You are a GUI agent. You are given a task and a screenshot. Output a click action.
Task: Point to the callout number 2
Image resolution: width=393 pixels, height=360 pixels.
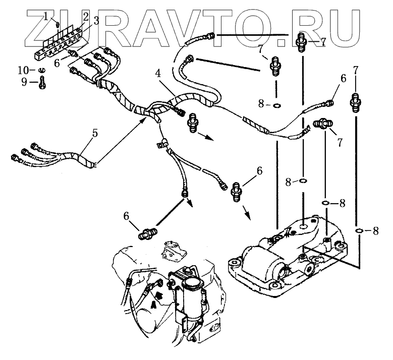pos(86,16)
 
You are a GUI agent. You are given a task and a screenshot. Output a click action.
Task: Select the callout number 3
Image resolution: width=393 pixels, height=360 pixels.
pos(95,20)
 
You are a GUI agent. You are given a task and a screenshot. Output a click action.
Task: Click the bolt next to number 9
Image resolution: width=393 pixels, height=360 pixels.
pos(41,81)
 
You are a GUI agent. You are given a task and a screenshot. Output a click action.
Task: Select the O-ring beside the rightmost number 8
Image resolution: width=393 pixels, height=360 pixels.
pos(359,230)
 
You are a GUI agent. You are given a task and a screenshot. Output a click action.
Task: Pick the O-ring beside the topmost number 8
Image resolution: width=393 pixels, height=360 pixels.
pos(277,105)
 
